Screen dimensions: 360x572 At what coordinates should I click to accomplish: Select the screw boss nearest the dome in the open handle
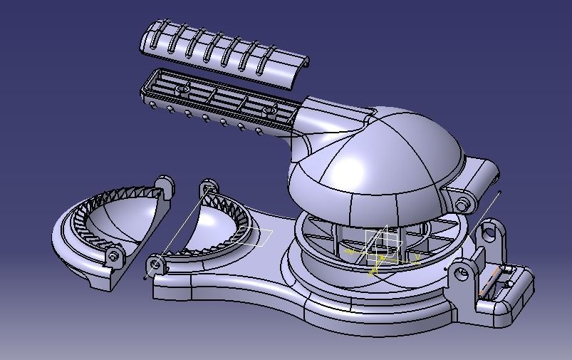[x=270, y=110]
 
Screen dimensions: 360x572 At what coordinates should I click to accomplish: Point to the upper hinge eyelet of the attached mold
[x=208, y=187]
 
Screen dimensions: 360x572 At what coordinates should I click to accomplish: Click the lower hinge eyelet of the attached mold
[x=155, y=265]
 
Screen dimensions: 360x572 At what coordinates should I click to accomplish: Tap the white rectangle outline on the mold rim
[x=256, y=237]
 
